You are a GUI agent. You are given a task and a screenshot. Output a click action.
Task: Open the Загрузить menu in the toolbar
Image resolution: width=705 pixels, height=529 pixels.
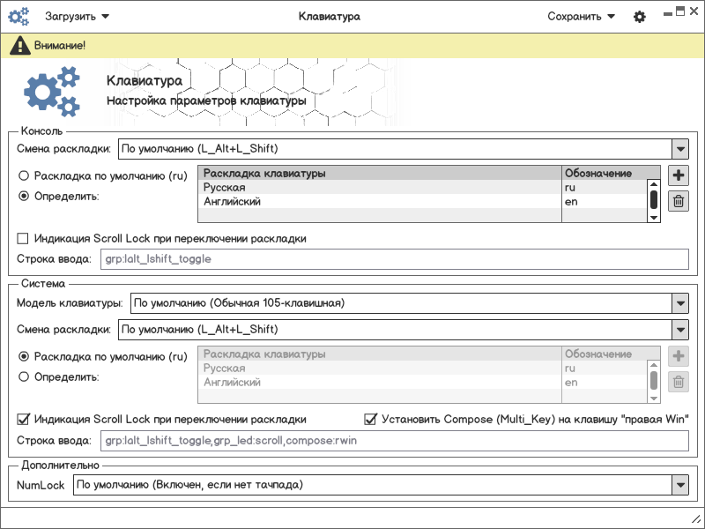point(77,16)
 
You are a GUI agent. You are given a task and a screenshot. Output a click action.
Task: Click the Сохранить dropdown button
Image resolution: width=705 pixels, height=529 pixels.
point(581,16)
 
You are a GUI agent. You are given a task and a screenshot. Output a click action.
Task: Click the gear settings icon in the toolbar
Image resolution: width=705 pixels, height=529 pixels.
point(640,17)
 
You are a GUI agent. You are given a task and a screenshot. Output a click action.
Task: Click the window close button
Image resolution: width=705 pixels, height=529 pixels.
point(695,11)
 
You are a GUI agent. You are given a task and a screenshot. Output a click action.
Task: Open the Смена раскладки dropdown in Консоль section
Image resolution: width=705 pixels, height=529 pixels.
point(679,149)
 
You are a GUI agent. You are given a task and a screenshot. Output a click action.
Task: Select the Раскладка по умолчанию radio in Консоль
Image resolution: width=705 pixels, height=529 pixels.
point(24,175)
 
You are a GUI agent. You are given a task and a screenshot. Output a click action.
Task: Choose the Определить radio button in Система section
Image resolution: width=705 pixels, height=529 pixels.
point(24,376)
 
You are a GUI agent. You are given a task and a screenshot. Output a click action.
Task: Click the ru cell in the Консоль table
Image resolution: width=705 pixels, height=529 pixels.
point(605,188)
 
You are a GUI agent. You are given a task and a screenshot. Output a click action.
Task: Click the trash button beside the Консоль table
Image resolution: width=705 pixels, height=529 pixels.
point(679,201)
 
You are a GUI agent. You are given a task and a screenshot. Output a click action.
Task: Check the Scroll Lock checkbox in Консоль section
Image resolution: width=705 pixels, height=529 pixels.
point(24,238)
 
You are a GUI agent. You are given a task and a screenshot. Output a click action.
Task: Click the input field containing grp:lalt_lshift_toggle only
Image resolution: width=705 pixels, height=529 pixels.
point(395,259)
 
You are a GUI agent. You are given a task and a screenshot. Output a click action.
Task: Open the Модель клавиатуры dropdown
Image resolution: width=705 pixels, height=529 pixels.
point(679,303)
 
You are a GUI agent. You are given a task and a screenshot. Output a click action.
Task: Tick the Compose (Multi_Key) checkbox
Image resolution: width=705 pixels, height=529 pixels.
point(371,418)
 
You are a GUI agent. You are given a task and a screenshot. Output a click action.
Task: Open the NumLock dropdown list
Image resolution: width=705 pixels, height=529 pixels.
point(679,485)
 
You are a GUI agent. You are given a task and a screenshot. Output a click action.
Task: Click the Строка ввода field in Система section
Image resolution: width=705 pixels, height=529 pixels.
point(395,440)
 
